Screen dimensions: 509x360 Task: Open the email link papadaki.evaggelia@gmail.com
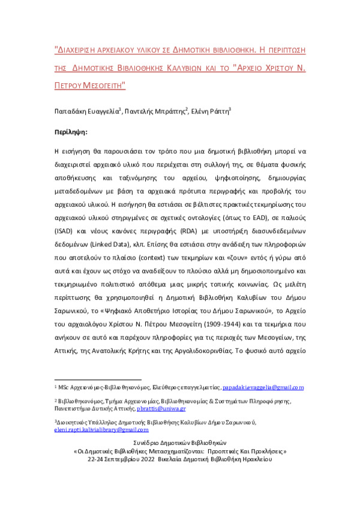(263, 388)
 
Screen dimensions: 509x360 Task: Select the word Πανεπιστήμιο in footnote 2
(71, 408)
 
